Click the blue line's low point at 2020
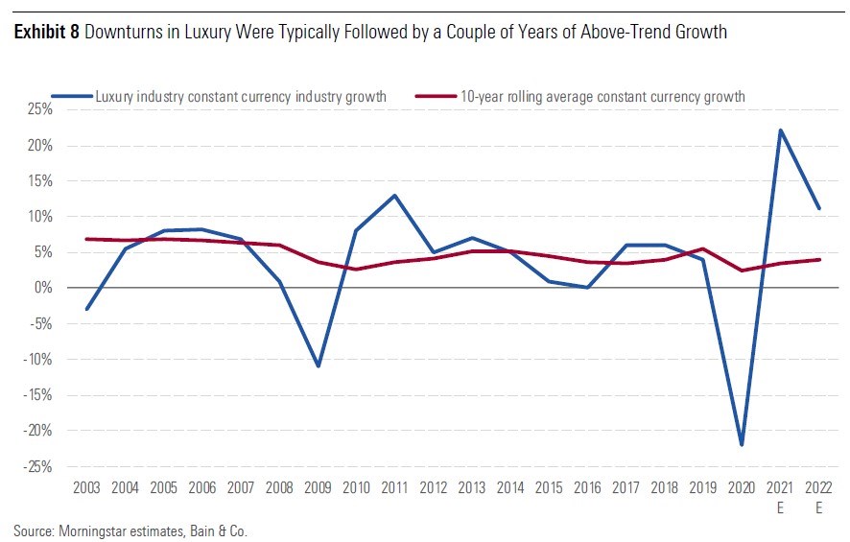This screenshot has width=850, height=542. (x=742, y=444)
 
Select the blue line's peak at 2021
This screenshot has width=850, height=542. (x=780, y=130)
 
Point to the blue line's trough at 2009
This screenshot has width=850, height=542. (x=317, y=365)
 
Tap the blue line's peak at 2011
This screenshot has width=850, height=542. (x=394, y=196)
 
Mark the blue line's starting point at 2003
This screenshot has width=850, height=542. (x=86, y=309)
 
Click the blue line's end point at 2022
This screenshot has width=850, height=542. (x=818, y=208)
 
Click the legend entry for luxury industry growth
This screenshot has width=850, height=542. (x=240, y=96)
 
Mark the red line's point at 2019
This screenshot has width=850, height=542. (x=703, y=248)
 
